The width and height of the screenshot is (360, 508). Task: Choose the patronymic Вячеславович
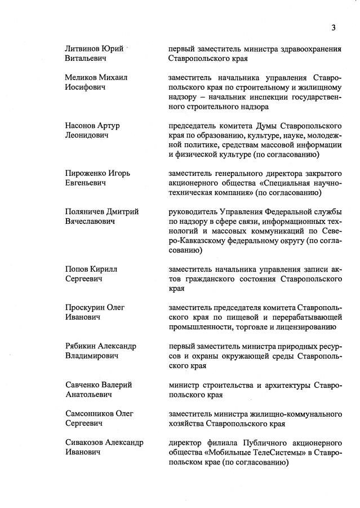tap(90, 221)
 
